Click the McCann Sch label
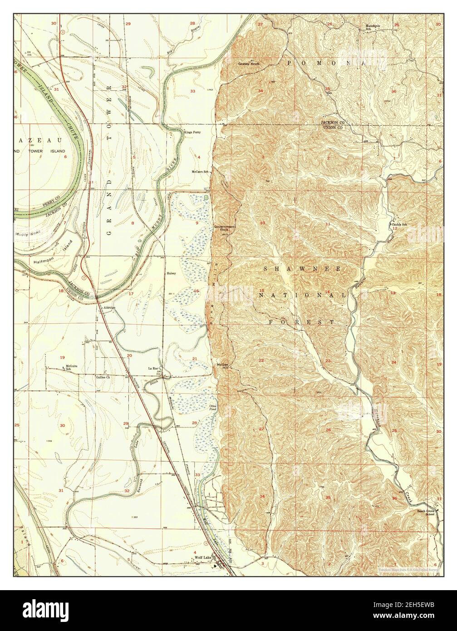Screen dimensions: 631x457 coord(200,172)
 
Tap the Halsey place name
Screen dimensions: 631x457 coord(171,273)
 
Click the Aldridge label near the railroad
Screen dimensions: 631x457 coord(110,307)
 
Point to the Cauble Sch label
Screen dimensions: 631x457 coord(400,224)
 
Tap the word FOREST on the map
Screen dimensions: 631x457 coord(302,322)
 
